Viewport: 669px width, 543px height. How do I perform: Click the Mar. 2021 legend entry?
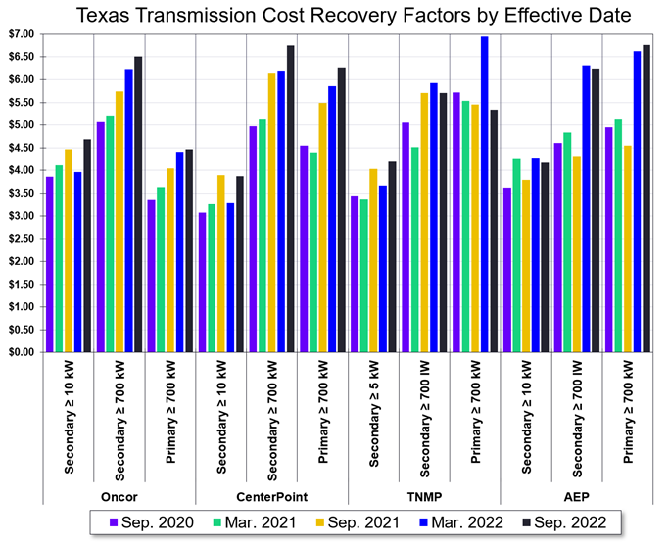tap(252, 522)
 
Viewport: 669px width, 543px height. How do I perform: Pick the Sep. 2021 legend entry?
tap(356, 522)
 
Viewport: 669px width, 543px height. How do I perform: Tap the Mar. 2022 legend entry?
tap(458, 522)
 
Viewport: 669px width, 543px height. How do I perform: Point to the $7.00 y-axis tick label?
tap(21, 34)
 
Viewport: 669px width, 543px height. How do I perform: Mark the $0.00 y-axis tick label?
tap(21, 352)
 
